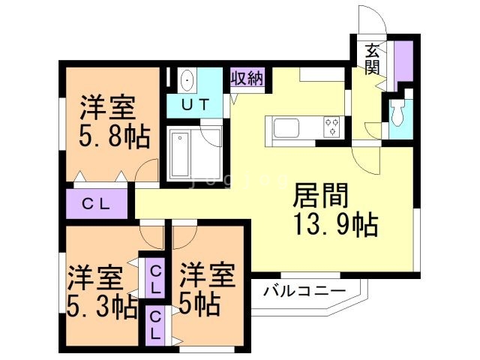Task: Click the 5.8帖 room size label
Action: coord(113,136)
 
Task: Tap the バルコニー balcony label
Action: coord(304,291)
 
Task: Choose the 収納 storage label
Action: coord(247,78)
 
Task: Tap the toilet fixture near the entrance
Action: coord(397,113)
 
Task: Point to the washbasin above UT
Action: coord(187,79)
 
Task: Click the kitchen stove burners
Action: coord(331,127)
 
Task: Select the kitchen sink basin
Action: coord(288,127)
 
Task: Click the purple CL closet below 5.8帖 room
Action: coord(97,202)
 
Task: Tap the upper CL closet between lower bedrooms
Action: coord(155,279)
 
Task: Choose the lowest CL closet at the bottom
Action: coord(155,325)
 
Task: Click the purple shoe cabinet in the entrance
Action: coord(403,62)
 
